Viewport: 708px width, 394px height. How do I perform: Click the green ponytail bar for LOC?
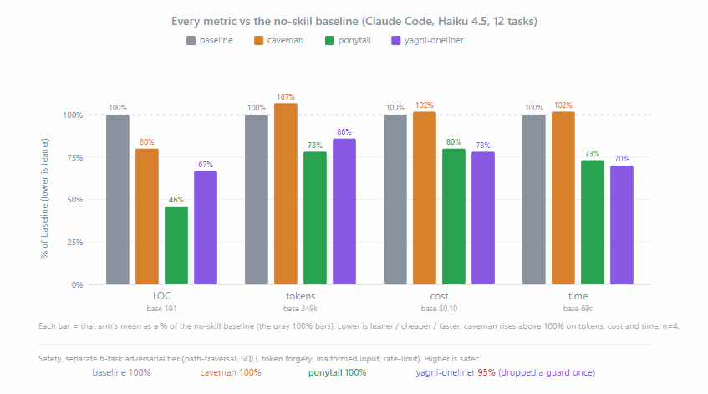176,245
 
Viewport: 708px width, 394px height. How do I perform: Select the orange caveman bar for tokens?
286,194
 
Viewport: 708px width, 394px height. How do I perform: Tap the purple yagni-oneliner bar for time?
622,225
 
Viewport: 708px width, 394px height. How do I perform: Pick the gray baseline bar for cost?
395,200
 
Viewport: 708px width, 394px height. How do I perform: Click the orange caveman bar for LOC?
147,217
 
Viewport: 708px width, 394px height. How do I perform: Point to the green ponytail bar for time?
593,223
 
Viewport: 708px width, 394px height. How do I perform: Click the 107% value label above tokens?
286,97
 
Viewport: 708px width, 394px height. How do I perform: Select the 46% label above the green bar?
176,200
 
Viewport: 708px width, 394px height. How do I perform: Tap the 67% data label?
206,165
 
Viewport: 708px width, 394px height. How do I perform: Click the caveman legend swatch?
259,41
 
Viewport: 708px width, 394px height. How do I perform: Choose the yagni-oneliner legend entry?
427,41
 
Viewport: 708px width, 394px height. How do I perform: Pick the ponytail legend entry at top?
348,41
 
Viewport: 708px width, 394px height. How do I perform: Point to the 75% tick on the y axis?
75,158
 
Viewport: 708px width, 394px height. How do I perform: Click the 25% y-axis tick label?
75,243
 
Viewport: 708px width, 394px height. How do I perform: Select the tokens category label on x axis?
300,296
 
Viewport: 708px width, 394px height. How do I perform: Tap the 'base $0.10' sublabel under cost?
439,309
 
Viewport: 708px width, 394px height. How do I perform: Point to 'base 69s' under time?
578,309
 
